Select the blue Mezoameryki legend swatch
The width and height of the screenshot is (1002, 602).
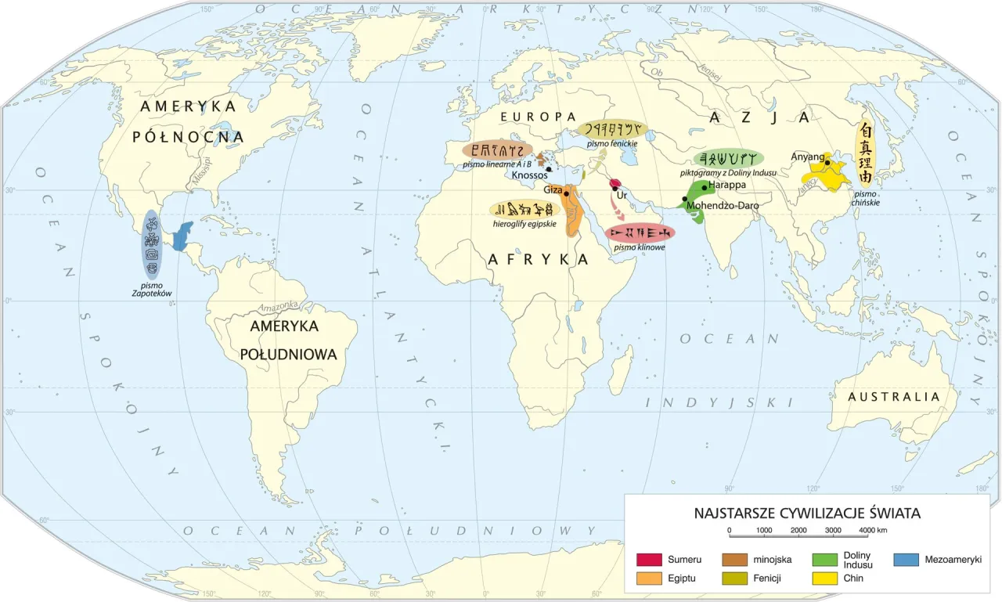906,560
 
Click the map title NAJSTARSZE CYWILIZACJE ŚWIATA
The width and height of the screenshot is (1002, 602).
806,514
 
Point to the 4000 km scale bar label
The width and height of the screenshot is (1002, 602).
872,531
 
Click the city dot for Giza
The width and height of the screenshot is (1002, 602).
566,191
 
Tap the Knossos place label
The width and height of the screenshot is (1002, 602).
530,175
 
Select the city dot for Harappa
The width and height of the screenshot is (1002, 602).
705,187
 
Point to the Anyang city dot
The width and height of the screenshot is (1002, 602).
827,163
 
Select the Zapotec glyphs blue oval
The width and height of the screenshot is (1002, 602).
152,244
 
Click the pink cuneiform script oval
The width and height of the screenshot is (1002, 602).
640,233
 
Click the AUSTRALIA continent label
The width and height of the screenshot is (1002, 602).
893,397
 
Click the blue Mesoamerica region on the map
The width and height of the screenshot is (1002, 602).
182,236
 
